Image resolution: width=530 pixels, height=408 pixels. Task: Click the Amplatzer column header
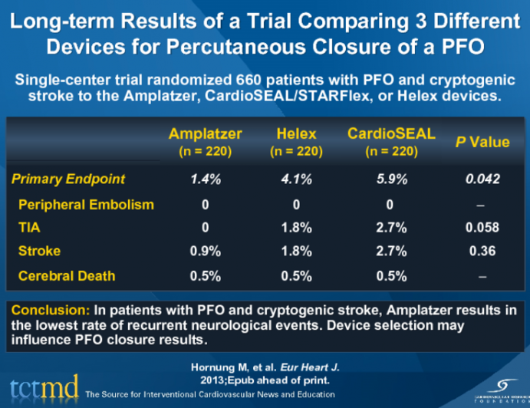pos(205,134)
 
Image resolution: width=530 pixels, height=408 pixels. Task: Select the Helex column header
pos(296,134)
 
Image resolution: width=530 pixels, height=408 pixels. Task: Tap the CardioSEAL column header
pos(391,133)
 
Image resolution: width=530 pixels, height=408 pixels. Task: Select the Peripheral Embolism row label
pos(86,204)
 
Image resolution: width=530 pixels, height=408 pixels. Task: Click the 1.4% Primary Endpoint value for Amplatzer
pos(205,179)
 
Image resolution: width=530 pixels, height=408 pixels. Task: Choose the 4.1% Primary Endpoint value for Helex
pos(296,179)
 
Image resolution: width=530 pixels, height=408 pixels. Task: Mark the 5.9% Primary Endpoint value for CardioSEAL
pos(391,179)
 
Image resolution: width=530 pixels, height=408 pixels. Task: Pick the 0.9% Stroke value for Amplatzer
pos(205,252)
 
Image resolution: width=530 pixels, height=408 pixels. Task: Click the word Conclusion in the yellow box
pos(48,311)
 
